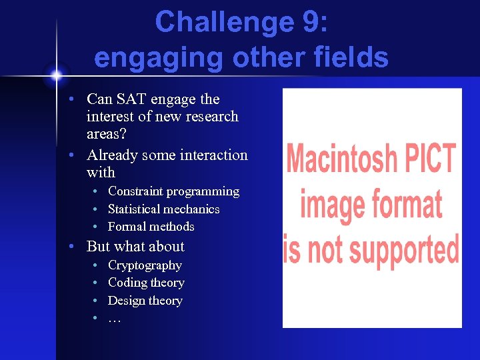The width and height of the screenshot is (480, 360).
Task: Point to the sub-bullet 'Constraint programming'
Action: click(173, 191)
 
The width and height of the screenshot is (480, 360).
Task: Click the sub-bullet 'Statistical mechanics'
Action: click(163, 209)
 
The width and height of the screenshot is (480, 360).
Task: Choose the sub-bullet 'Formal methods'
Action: click(151, 227)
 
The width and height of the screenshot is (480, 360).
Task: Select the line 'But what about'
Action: click(135, 247)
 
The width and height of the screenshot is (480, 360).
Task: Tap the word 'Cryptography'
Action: click(145, 265)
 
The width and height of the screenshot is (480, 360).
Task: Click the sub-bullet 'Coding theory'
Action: click(146, 283)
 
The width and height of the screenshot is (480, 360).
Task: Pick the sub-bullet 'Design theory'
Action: click(145, 301)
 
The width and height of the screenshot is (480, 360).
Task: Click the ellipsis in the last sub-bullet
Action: click(114, 318)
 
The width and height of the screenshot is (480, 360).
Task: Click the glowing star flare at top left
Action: click(56, 74)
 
